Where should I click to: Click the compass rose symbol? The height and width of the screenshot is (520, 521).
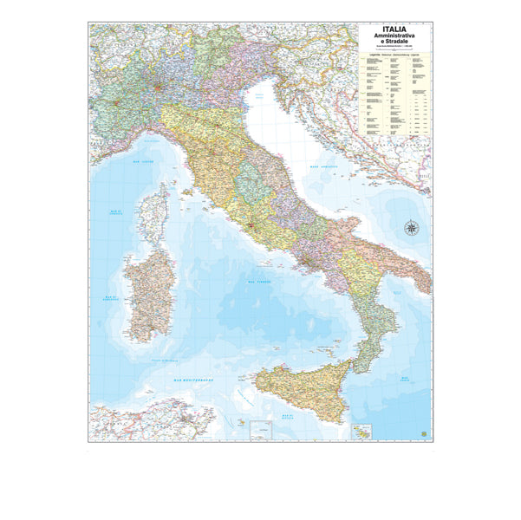tap(411, 229)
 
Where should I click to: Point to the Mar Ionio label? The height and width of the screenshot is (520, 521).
tap(405, 379)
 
